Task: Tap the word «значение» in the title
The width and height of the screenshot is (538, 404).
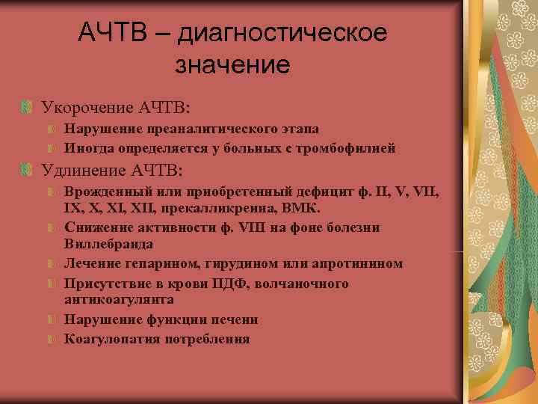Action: [232, 65]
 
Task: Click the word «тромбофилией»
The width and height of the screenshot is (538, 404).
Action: [350, 148]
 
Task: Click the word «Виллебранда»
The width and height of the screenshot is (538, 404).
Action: [108, 244]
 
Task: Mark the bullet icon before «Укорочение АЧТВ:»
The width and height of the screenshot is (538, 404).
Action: [28, 108]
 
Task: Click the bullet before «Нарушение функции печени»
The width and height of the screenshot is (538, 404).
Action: [52, 319]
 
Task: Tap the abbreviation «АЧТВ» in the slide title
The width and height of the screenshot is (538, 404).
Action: [114, 34]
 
